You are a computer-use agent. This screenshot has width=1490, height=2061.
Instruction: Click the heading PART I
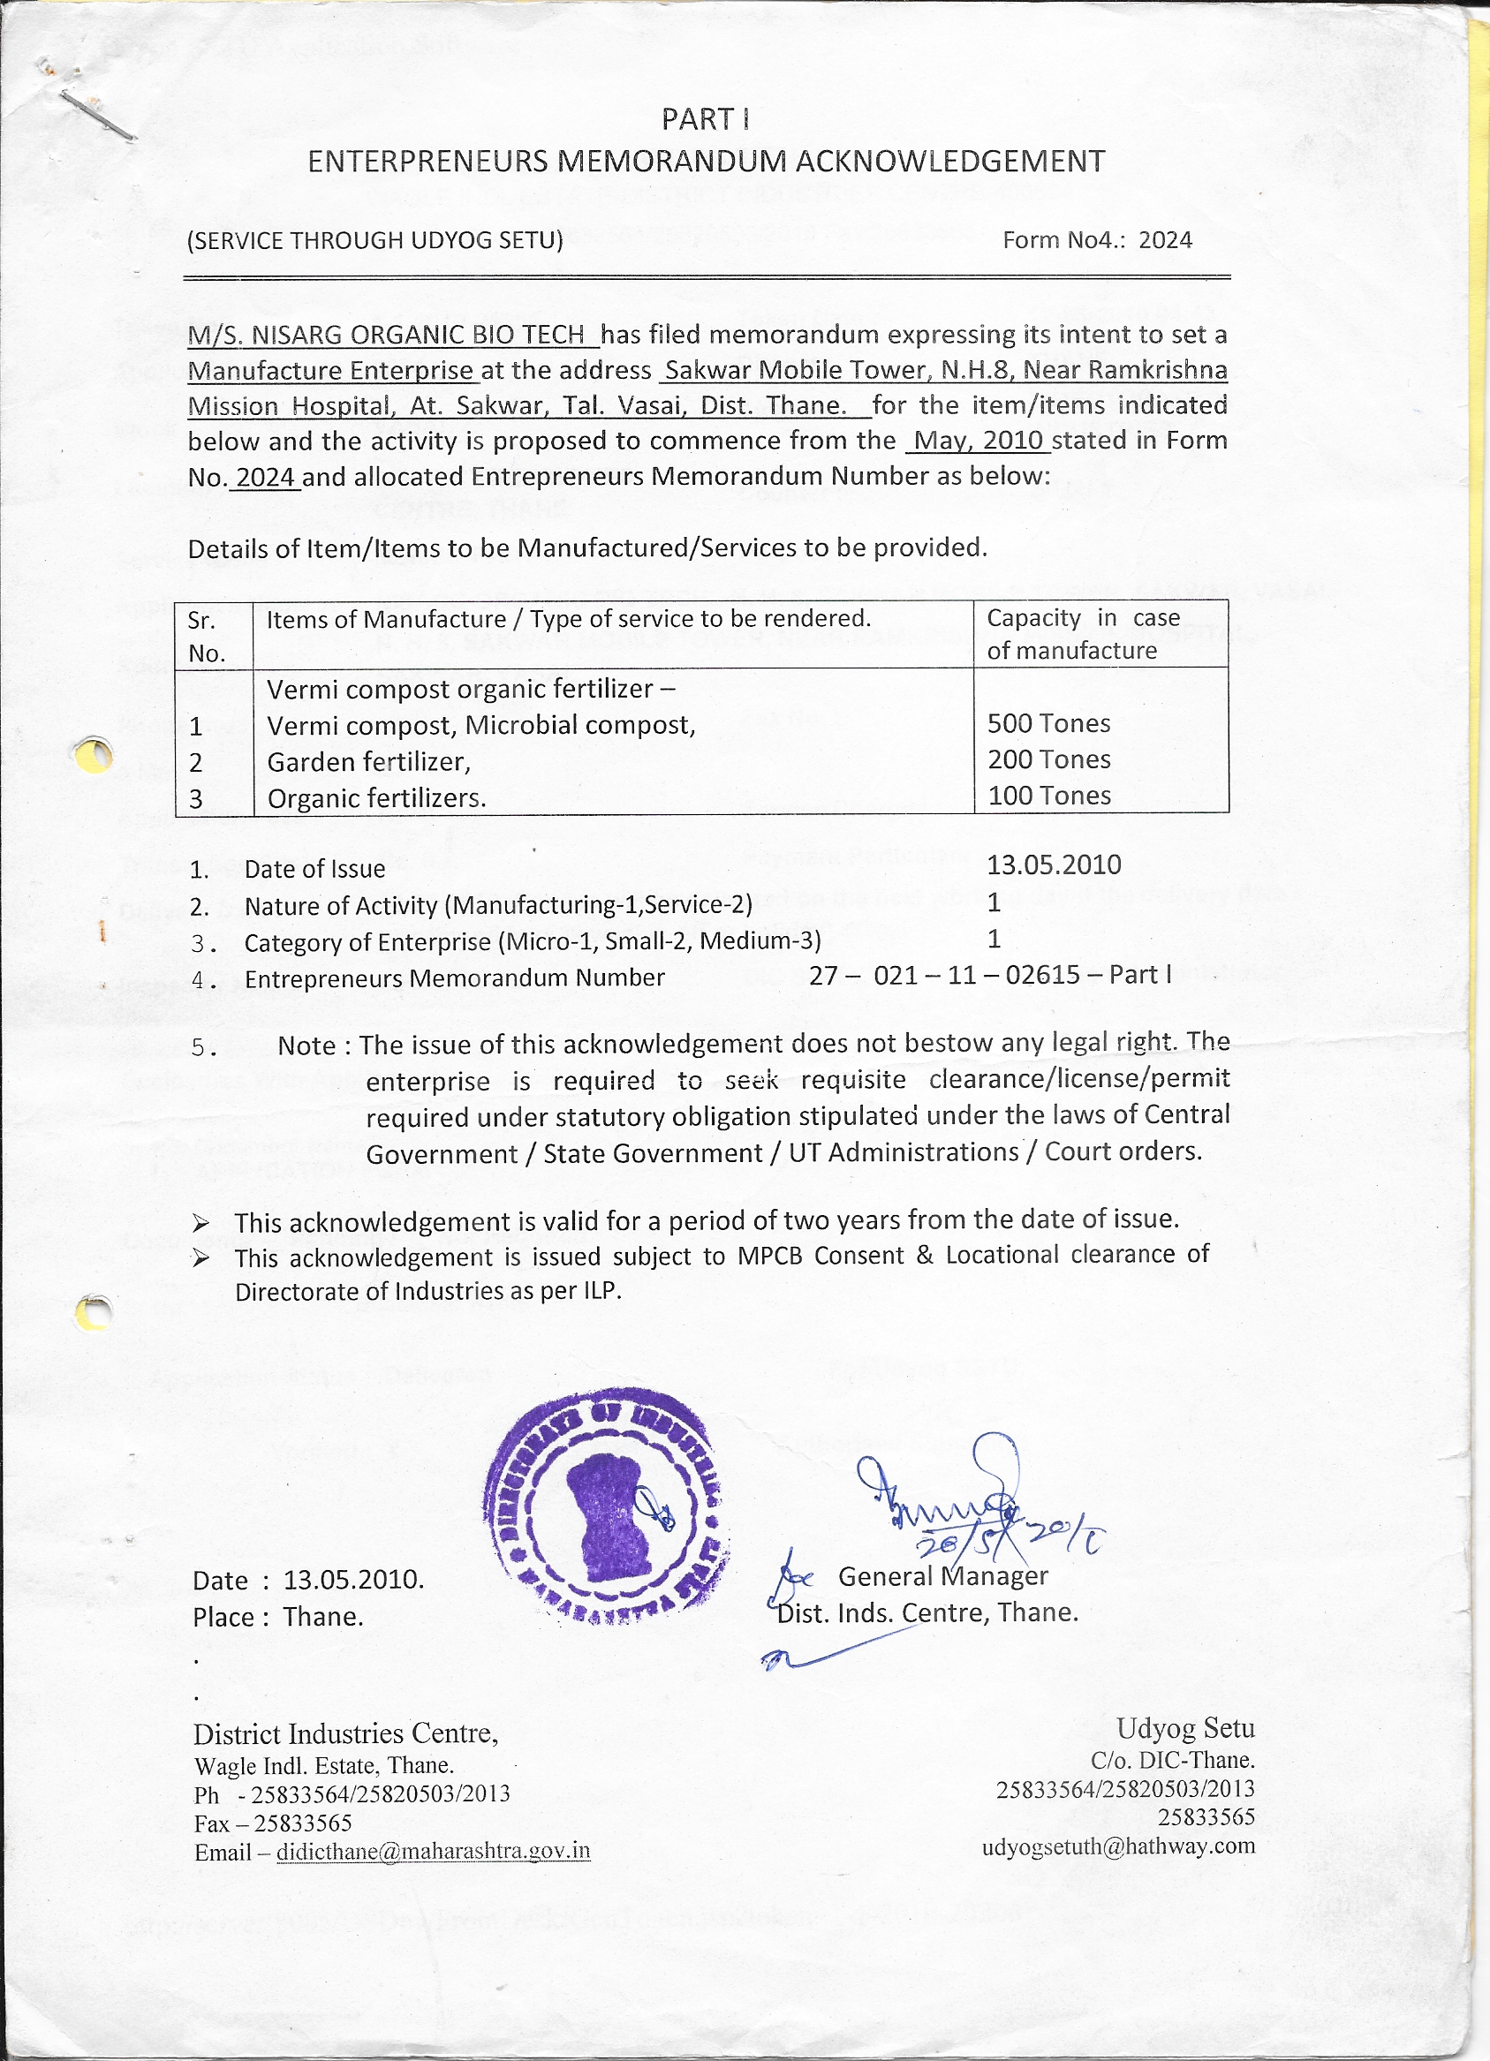[x=705, y=119]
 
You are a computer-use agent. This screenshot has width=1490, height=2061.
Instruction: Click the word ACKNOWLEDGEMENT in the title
[x=950, y=162]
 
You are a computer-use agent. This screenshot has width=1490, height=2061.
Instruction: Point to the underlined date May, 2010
[x=977, y=441]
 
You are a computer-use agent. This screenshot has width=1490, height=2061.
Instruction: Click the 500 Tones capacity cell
[x=1048, y=723]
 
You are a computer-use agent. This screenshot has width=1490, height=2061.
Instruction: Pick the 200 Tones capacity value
[x=1048, y=759]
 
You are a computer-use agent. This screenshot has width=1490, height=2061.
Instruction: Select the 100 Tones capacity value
[x=1048, y=796]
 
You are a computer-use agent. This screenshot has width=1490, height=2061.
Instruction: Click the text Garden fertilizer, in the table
[x=368, y=761]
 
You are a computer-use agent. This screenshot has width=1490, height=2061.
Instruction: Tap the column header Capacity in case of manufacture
[x=1083, y=634]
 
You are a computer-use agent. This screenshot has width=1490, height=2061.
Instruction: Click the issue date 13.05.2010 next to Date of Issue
[x=1054, y=865]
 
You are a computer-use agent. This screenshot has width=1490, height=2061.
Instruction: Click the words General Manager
[x=942, y=1576]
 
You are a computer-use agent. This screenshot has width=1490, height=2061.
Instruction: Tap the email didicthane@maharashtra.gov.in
[x=433, y=1851]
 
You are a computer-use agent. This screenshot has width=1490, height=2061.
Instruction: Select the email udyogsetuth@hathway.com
[x=1117, y=1846]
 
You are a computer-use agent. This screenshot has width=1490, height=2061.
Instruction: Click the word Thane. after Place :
[x=322, y=1617]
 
